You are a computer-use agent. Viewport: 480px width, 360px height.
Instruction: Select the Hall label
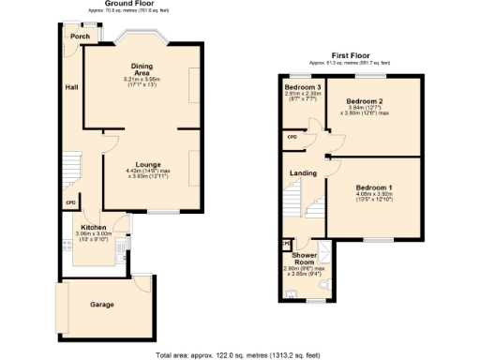pos(71,87)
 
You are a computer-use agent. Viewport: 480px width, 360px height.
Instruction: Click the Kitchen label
pos(94,228)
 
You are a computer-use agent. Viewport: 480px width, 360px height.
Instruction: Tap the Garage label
pos(102,305)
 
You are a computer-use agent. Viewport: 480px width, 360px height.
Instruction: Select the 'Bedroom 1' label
pos(373,188)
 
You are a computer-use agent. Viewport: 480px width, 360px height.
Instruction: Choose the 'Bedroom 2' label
pos(366,100)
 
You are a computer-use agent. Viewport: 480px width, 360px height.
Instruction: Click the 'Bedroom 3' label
pos(303,87)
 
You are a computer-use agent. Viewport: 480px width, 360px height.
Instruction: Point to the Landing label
pos(303,172)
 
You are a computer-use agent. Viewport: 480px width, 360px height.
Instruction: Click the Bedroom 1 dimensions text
pos(373,198)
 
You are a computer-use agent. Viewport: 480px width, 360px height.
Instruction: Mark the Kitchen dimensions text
pos(94,236)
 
